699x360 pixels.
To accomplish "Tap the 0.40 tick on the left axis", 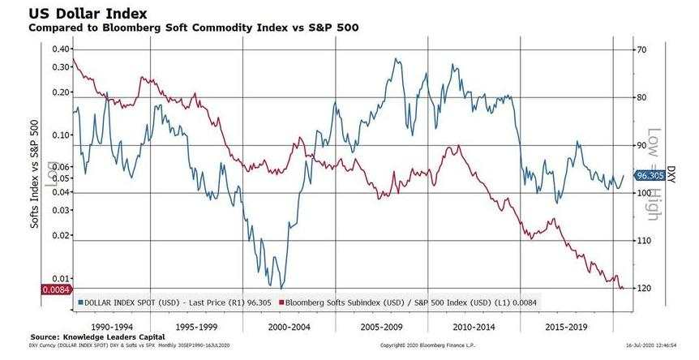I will pyautogui.click(x=59, y=49).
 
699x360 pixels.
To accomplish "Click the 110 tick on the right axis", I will pyautogui.click(x=645, y=241).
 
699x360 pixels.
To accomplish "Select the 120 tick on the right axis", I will pyautogui.click(x=645, y=288).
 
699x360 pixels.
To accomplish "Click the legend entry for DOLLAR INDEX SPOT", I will pyautogui.click(x=170, y=302).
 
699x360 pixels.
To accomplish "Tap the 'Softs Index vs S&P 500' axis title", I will pyautogui.click(x=36, y=173).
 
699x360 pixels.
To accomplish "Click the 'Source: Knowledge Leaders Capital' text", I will pyautogui.click(x=97, y=336).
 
